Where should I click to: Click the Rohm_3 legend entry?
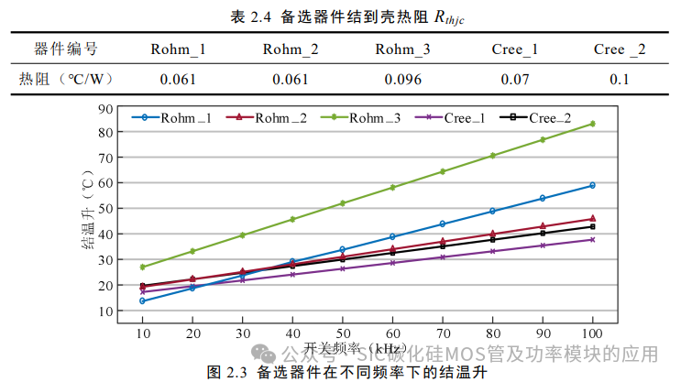(x=372, y=118)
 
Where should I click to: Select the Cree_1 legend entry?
(x=464, y=118)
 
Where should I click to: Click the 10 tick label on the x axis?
(x=143, y=331)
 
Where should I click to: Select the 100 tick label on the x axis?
(x=592, y=331)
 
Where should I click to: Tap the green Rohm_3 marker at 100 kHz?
(x=593, y=124)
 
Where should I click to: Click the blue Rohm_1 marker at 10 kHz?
(x=143, y=300)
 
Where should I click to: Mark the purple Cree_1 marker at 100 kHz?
(x=593, y=239)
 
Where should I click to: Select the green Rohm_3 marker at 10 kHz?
(x=143, y=267)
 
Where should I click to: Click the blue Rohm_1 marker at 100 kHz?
(x=593, y=185)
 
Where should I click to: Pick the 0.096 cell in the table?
(x=403, y=79)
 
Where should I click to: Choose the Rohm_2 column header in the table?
(x=291, y=49)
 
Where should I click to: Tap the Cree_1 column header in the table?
(x=514, y=49)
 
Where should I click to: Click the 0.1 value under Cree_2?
(x=620, y=79)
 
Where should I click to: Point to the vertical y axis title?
(x=89, y=210)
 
